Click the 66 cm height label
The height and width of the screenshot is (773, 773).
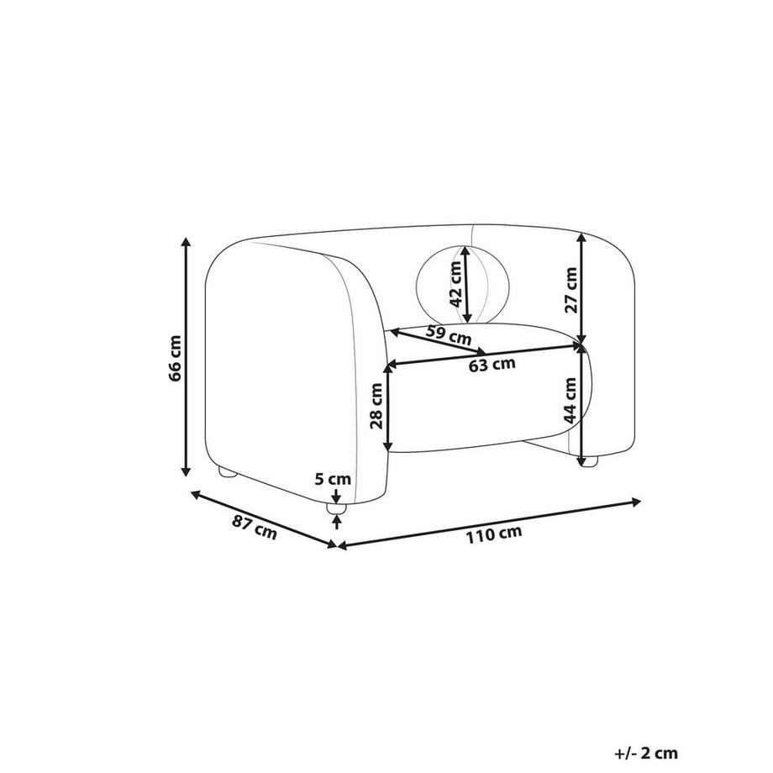175,359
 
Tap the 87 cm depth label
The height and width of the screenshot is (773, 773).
255,527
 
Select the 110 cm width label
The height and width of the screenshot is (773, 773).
494,534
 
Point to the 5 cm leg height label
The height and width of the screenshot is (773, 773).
333,479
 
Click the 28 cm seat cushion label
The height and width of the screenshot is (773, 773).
376,406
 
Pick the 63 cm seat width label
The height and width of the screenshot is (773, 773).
492,365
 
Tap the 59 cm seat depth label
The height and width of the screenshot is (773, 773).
449,335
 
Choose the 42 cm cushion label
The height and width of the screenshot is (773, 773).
456,284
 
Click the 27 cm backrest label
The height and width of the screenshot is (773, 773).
571,290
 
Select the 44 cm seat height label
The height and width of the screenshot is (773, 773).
571,400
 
